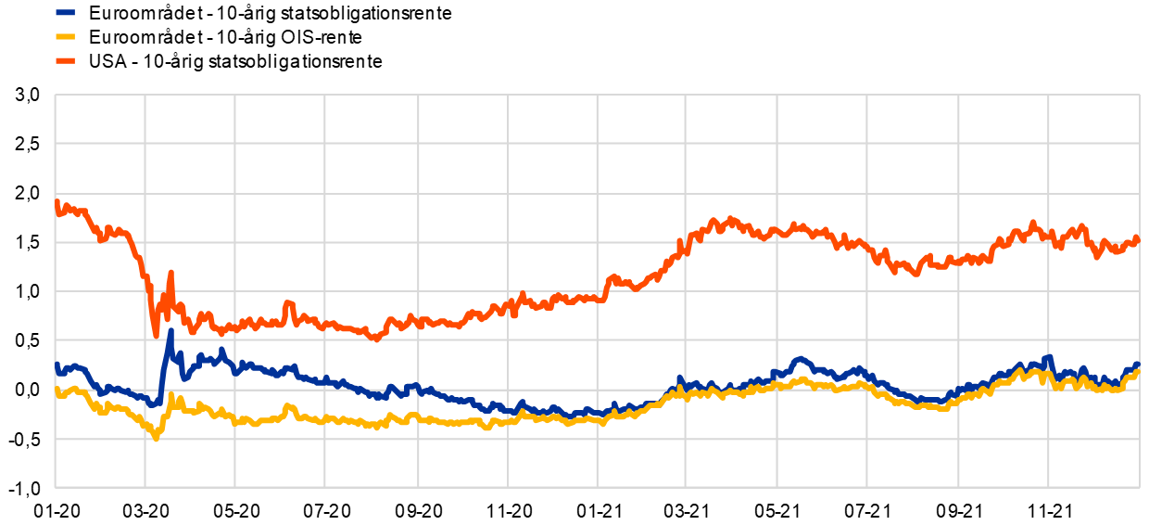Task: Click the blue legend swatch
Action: (65, 13)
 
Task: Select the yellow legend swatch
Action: (65, 37)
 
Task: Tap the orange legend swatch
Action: (65, 61)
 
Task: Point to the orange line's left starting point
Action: (56, 200)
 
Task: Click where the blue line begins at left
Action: (56, 364)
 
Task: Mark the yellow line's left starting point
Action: (56, 390)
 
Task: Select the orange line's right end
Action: (1138, 238)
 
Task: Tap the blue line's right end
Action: (1138, 364)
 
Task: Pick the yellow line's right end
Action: (1138, 371)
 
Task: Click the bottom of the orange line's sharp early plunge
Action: (156, 335)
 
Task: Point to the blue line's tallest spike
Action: (170, 330)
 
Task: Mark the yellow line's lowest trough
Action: (156, 438)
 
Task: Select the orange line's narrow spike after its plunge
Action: (170, 272)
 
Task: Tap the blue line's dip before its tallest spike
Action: (154, 404)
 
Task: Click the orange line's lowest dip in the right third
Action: (915, 275)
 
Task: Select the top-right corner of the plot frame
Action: (1139, 95)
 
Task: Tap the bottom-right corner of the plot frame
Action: (1139, 486)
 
